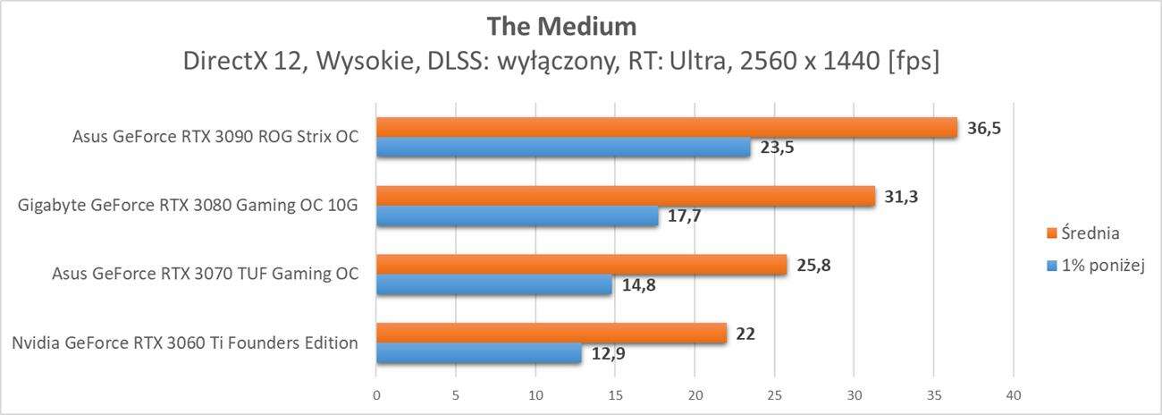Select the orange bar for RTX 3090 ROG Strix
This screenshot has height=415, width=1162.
(666, 128)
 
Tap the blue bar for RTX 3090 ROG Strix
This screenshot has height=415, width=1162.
(563, 148)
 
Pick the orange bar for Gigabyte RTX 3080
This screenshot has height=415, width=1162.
(626, 196)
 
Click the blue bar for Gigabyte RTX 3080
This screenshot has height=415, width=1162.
(517, 216)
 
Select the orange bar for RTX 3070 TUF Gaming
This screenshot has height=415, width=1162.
(581, 265)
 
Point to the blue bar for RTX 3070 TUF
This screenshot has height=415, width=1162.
(493, 285)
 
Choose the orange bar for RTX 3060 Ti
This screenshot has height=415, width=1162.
(552, 333)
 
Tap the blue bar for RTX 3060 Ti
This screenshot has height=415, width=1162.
(478, 353)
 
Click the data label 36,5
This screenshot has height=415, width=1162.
(984, 128)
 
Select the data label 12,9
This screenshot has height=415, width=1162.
(608, 354)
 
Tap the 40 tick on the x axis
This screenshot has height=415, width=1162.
(1013, 394)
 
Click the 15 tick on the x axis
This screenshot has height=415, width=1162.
(615, 394)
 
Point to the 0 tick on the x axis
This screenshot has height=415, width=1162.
(376, 394)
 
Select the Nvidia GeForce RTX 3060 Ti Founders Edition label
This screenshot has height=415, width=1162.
(185, 343)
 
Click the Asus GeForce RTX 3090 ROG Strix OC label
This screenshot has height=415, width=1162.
(215, 138)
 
